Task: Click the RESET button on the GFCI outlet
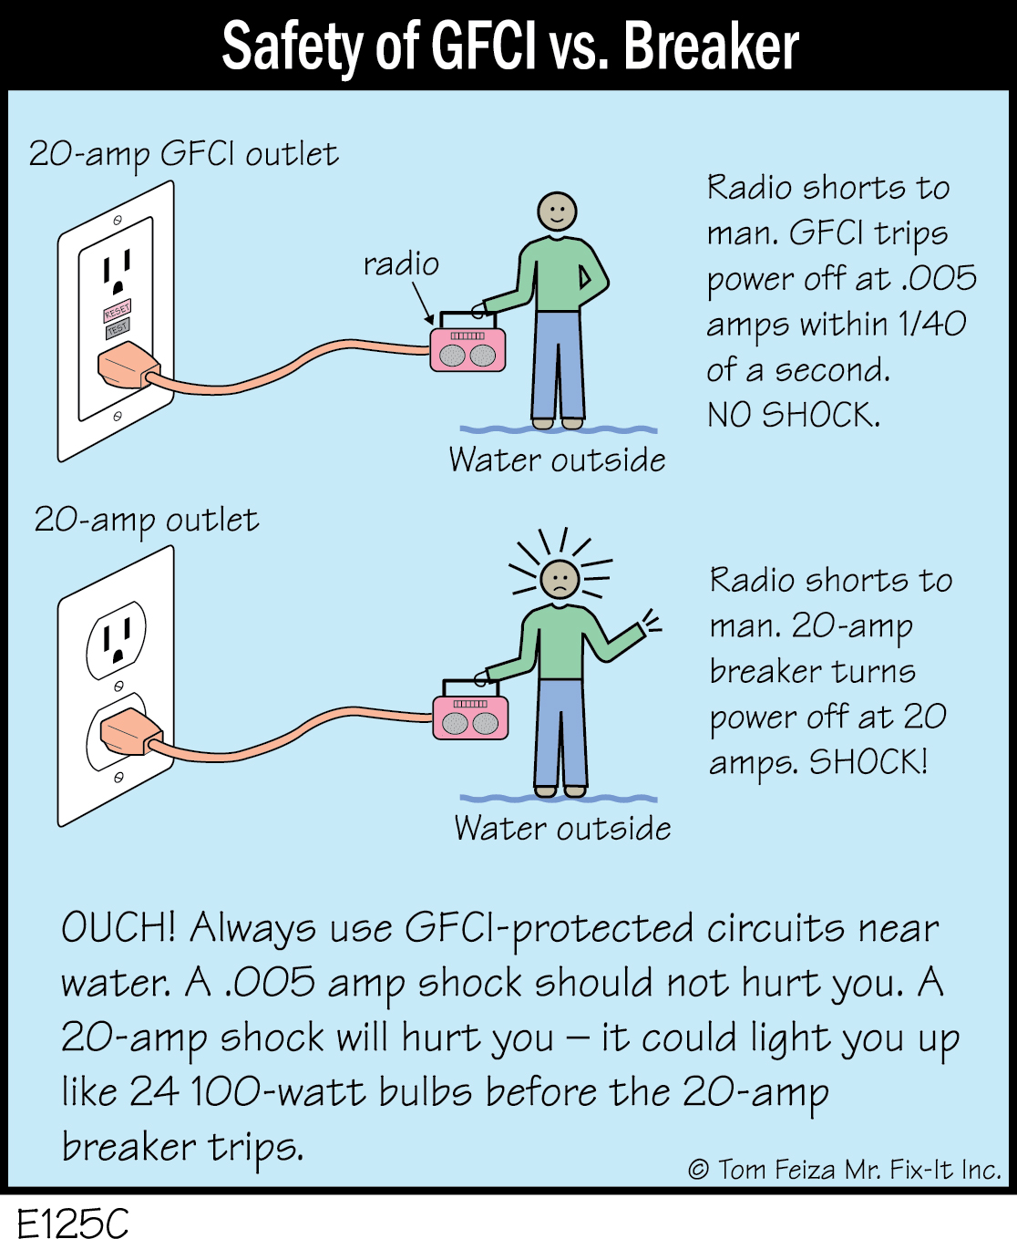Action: click(117, 311)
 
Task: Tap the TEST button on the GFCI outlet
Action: click(118, 328)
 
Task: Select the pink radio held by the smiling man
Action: click(467, 349)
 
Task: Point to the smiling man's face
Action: click(557, 212)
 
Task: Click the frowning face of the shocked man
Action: click(560, 579)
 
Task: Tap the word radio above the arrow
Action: click(401, 264)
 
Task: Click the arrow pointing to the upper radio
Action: click(422, 303)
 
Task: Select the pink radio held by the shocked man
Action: click(470, 716)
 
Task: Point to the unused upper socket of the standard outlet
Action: click(117, 637)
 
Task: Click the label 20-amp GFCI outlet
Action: click(183, 154)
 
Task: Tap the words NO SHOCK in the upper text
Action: click(793, 415)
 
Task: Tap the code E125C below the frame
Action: click(73, 1222)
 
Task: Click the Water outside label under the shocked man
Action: click(562, 828)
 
